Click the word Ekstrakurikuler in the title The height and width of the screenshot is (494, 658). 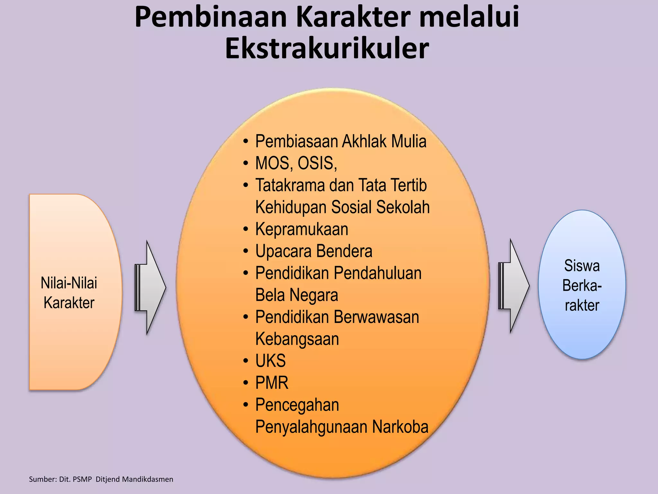[327, 49]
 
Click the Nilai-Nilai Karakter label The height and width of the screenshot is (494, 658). [69, 293]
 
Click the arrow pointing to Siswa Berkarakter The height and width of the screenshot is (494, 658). [514, 286]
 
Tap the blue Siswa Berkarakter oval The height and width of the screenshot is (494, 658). [582, 285]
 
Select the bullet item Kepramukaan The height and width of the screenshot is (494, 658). [302, 229]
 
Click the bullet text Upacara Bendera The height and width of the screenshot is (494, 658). [314, 251]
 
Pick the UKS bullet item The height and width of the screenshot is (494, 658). [271, 361]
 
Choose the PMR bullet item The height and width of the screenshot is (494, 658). [272, 383]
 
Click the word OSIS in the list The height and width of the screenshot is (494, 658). [317, 163]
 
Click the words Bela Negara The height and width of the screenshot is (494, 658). [297, 295]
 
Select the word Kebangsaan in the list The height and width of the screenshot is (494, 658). [297, 339]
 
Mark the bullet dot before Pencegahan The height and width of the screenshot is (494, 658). [246, 405]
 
